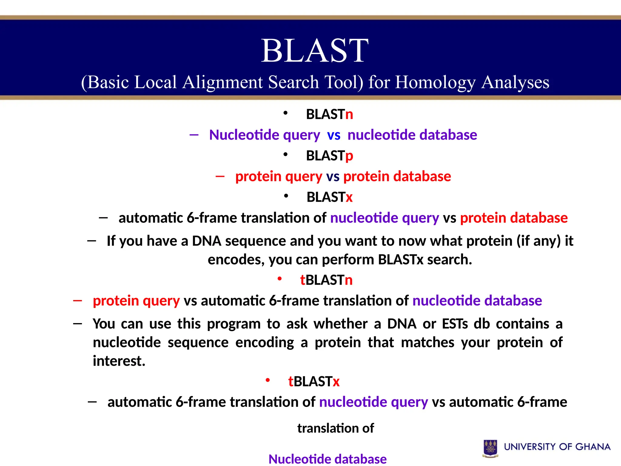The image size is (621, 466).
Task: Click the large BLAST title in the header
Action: [x=315, y=51]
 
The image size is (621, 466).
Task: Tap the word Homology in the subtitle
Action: [x=435, y=83]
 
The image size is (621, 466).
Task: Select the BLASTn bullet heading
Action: [x=329, y=114]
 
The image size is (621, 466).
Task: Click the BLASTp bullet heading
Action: [x=329, y=156]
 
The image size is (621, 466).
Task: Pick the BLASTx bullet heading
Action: [x=329, y=197]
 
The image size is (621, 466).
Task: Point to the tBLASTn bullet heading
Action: [x=326, y=280]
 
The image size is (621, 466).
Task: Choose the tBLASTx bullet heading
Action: [x=314, y=381]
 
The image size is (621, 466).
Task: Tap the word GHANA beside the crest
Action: [x=593, y=447]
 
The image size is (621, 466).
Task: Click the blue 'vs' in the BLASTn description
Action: [x=334, y=135]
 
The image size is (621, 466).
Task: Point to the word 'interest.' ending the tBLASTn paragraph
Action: [x=119, y=361]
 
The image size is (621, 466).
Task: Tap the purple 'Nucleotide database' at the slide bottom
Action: [x=327, y=459]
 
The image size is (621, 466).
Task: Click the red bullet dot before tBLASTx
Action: [x=267, y=380]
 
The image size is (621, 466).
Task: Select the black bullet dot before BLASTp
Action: [x=285, y=155]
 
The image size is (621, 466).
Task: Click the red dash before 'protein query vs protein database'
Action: [x=220, y=176]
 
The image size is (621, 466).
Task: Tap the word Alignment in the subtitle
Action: [x=223, y=83]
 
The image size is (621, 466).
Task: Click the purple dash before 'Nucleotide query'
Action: [x=194, y=134]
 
